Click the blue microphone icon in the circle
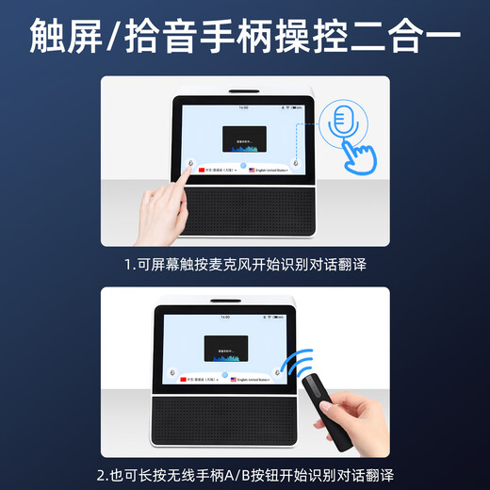click(x=340, y=122)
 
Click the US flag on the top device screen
click(x=253, y=171)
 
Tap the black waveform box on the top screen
click(x=243, y=139)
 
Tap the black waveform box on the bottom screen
click(x=227, y=349)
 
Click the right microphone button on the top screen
click(x=295, y=163)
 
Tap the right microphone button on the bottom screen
click(x=278, y=371)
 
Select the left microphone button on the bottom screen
click(x=171, y=371)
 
